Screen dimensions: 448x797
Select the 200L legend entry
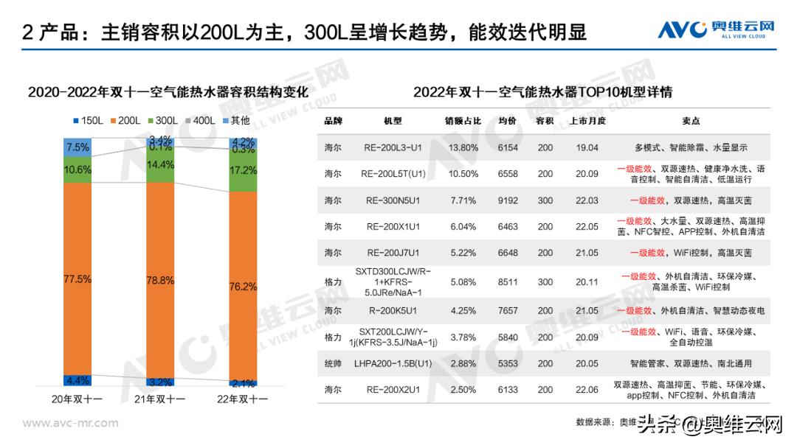click(x=127, y=120)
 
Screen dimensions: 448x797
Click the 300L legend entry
click(x=165, y=120)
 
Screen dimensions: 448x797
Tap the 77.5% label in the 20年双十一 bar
click(x=77, y=279)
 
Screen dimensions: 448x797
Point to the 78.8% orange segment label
click(x=161, y=280)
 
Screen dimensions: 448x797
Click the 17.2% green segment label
click(x=244, y=170)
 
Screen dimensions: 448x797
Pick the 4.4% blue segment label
click(x=77, y=380)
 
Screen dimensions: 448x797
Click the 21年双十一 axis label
click(x=161, y=399)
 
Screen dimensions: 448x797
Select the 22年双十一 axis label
click(x=244, y=399)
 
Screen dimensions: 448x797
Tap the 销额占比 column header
click(x=463, y=121)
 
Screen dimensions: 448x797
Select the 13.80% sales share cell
click(x=463, y=147)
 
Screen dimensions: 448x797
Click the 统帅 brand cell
click(x=333, y=363)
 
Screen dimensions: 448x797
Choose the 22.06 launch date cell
click(x=587, y=390)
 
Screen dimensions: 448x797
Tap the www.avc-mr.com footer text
click(x=71, y=423)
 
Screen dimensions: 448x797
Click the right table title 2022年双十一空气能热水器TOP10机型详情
click(x=542, y=92)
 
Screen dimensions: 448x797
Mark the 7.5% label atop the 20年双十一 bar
click(x=77, y=147)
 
